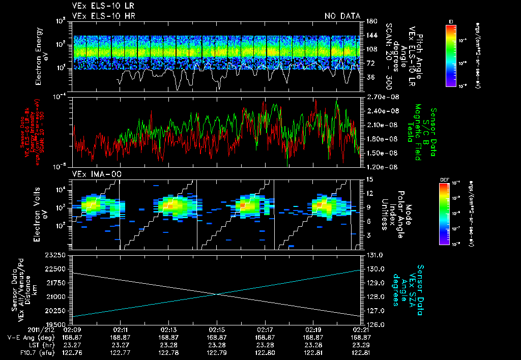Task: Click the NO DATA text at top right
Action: point(342,16)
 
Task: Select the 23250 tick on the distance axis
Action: point(56,255)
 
